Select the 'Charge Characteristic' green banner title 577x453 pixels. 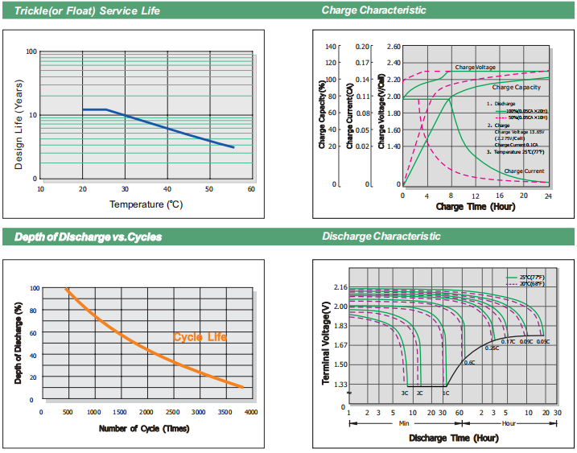click(x=373, y=10)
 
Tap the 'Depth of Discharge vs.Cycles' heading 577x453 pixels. click(x=83, y=237)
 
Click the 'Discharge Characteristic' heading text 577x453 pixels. click(x=381, y=236)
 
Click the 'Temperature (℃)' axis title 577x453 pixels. click(x=146, y=204)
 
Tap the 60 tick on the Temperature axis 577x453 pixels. click(x=251, y=189)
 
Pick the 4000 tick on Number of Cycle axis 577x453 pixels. click(x=251, y=411)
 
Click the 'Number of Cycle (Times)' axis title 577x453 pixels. click(x=144, y=428)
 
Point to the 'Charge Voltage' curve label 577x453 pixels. click(x=475, y=68)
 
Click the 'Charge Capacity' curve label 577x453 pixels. click(x=516, y=87)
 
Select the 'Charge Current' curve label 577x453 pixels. click(x=524, y=171)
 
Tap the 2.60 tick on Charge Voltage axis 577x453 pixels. click(x=394, y=47)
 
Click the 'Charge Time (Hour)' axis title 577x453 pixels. click(x=475, y=207)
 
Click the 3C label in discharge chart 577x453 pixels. click(x=405, y=393)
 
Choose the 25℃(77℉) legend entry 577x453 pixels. click(x=532, y=277)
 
